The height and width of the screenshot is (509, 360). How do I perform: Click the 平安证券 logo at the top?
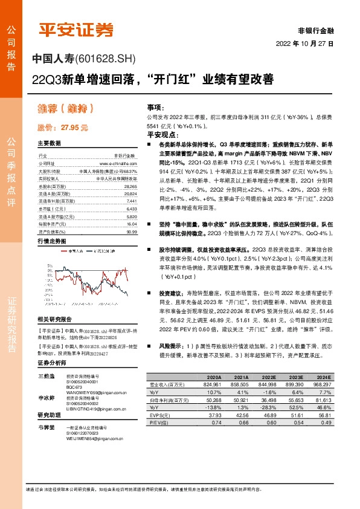tap(77, 30)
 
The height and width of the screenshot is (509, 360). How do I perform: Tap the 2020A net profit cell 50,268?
tap(209, 400)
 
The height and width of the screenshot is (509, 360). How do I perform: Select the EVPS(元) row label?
tap(159, 416)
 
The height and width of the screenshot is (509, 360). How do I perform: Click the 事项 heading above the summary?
tap(155, 105)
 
